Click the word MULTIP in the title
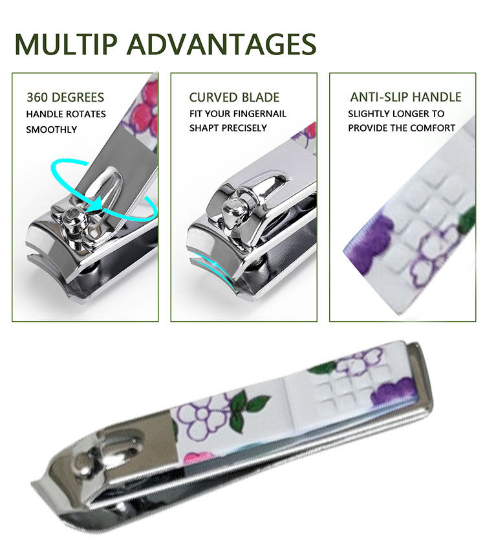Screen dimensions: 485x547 click(65, 44)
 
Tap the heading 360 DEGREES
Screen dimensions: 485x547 click(65, 97)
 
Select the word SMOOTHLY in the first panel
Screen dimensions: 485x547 click(52, 129)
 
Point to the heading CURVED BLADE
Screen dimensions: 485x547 click(234, 97)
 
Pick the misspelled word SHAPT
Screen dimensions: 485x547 click(202, 128)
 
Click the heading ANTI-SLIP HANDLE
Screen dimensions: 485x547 click(405, 96)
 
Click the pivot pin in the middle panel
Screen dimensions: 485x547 click(232, 208)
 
